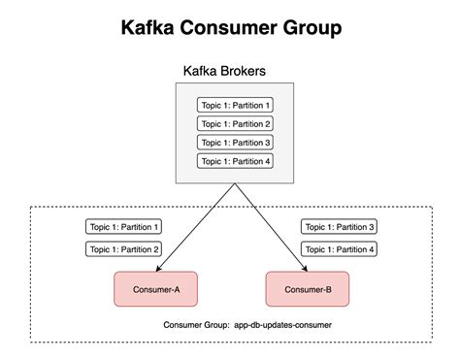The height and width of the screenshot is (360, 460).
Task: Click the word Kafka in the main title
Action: (150, 28)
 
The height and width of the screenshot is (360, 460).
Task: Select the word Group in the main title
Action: (308, 28)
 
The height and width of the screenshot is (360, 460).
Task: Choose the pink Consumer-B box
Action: (307, 289)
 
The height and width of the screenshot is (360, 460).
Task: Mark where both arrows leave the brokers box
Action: (234, 184)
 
